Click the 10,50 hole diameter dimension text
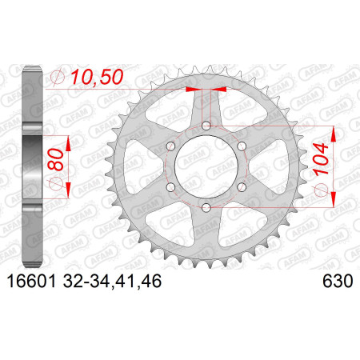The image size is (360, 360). click(97, 77)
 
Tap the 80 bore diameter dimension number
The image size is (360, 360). click(56, 159)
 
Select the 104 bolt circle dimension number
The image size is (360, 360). click(320, 159)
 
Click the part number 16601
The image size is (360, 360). click(32, 281)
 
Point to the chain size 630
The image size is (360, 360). click(338, 281)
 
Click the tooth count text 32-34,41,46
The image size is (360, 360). click(112, 282)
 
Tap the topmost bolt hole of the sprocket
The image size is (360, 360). click(206, 126)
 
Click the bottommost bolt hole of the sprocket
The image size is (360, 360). click(206, 207)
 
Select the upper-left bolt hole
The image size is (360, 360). click(170, 146)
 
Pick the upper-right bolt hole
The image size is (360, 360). click(242, 146)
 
